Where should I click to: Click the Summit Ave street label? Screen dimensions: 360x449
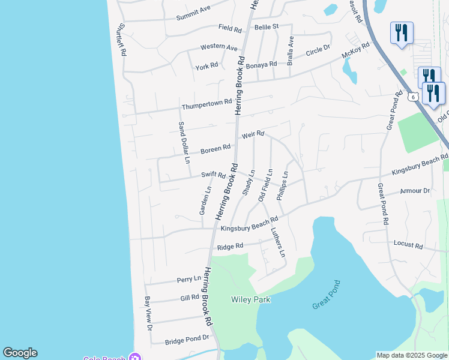point(193,13)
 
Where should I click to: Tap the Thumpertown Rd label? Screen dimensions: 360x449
point(207,105)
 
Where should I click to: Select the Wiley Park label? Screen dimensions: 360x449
point(251,299)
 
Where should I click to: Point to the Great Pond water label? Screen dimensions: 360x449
point(327,295)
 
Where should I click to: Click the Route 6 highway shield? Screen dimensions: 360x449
point(412,96)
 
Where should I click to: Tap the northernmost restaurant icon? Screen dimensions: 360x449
point(400,32)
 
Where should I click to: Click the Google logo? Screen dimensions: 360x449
point(20,353)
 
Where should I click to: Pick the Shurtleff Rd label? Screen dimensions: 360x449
point(122,40)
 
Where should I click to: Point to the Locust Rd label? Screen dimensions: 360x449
point(408,245)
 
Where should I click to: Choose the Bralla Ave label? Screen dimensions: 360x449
point(291,51)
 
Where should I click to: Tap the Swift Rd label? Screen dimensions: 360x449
point(213,175)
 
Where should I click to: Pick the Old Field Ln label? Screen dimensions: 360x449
point(265,184)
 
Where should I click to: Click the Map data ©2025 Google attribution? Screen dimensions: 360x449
point(412,355)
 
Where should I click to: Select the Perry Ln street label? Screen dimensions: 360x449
point(188,279)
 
